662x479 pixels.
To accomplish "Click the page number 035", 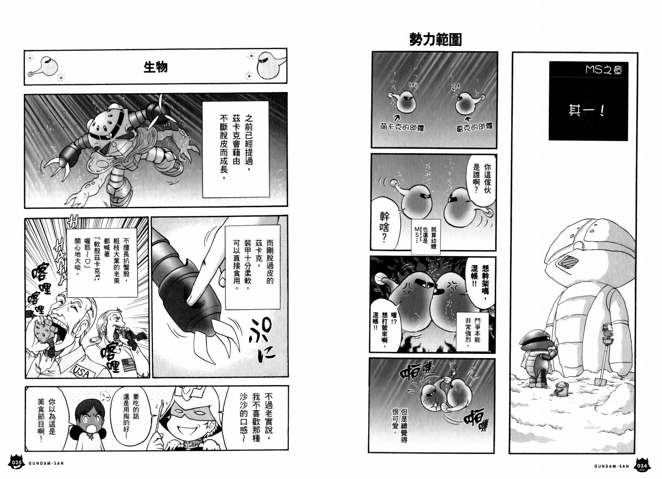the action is pos(16,462).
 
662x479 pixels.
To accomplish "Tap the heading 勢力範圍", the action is pos(435,40).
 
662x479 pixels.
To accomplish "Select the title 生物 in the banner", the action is pos(155,67).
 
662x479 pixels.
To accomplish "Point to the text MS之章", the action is pos(604,70).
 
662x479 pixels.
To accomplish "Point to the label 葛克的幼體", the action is pos(474,127).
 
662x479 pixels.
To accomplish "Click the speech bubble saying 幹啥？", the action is pos(385,227).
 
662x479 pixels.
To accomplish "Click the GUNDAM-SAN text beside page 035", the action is pos(46,463).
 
